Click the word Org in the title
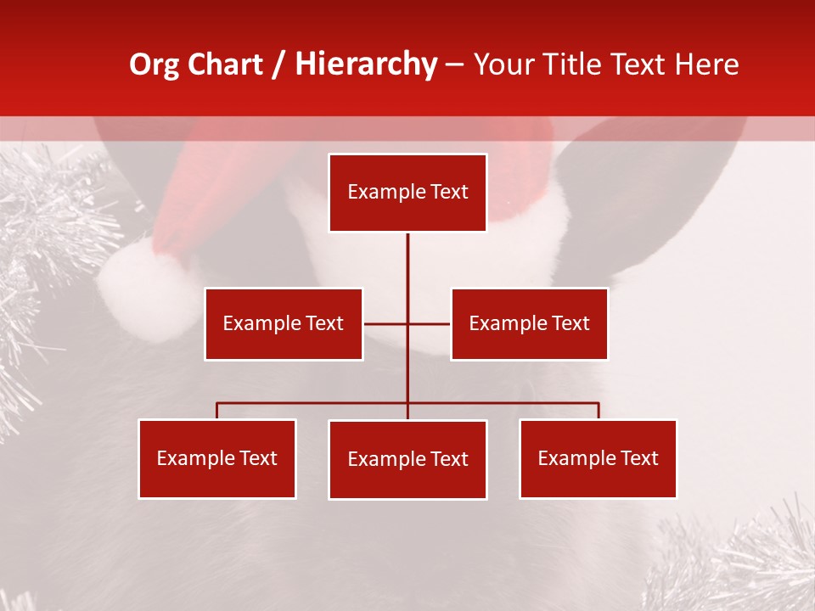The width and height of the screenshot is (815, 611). point(153,65)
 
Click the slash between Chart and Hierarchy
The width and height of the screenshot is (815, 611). point(278,65)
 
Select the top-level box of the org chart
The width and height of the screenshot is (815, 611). point(407,193)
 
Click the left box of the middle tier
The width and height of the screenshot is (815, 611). point(284,323)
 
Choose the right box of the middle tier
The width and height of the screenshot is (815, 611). point(530,323)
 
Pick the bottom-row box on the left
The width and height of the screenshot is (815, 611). point(217,458)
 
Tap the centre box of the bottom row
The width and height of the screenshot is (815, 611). point(407,459)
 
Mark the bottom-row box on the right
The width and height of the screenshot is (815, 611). point(599,458)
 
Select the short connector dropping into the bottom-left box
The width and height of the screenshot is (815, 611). point(217,411)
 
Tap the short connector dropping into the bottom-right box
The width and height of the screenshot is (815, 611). point(599,411)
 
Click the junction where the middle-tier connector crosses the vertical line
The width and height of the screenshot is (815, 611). point(407,323)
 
